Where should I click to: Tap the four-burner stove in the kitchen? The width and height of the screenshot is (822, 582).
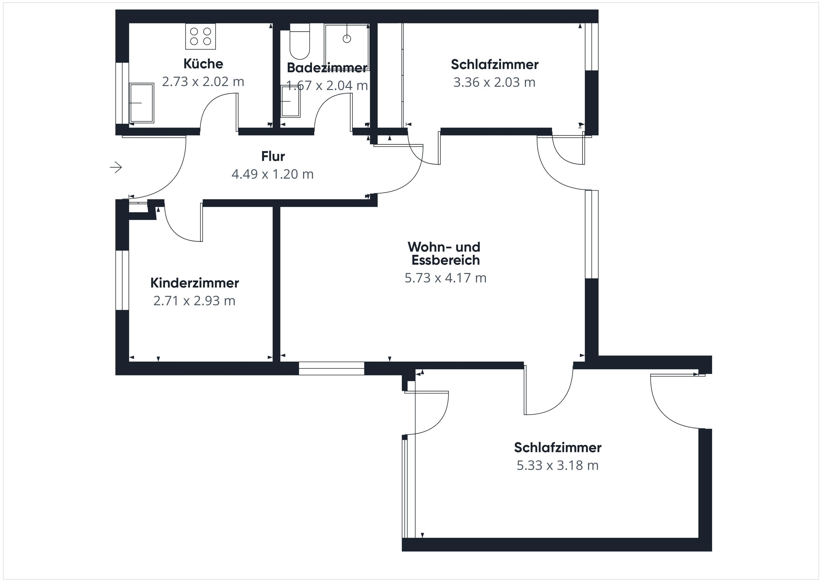point(201,36)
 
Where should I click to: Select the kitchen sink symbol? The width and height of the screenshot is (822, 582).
point(142,103)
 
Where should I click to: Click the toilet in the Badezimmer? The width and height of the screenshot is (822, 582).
point(300,41)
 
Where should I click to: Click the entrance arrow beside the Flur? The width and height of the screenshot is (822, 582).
point(116,167)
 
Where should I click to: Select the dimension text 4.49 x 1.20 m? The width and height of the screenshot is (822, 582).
point(273,174)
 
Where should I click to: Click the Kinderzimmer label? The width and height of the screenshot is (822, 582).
point(194,283)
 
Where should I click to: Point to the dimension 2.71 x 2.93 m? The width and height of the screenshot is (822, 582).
point(194,301)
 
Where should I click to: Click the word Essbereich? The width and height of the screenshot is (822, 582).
point(445,260)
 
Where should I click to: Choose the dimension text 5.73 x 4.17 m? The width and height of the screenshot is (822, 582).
point(445,278)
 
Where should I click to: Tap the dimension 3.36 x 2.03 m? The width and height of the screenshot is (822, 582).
point(494,83)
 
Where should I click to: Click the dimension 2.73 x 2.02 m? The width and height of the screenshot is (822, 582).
point(203,82)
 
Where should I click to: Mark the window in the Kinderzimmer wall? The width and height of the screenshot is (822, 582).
point(122,280)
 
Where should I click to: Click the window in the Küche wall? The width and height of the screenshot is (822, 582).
point(122,93)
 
